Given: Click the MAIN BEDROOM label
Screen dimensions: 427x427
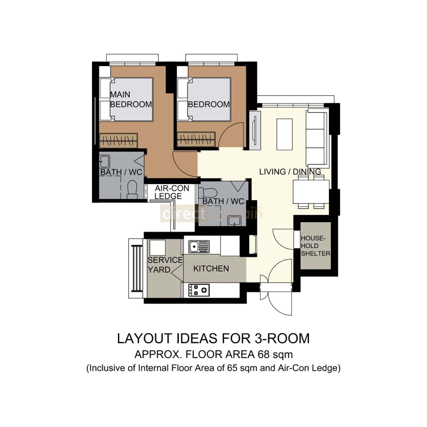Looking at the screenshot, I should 131,99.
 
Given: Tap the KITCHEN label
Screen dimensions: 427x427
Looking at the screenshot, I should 211,268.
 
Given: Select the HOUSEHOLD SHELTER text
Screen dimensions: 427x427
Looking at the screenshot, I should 315,246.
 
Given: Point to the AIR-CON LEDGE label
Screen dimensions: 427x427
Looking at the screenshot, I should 172,192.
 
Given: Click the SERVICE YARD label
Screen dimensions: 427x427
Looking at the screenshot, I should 165,265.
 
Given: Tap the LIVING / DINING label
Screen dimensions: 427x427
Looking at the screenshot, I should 290,172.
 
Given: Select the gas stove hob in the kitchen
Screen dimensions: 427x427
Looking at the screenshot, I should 199,290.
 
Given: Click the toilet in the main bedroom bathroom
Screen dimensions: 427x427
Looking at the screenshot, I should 132,189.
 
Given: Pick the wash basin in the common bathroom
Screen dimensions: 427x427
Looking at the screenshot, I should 235,221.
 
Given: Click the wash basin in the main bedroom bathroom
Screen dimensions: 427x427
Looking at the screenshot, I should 104,161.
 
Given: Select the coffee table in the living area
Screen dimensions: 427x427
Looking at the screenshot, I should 285,134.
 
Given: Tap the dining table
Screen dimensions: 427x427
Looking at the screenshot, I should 311,192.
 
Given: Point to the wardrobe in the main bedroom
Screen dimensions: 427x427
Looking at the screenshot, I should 118,140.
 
